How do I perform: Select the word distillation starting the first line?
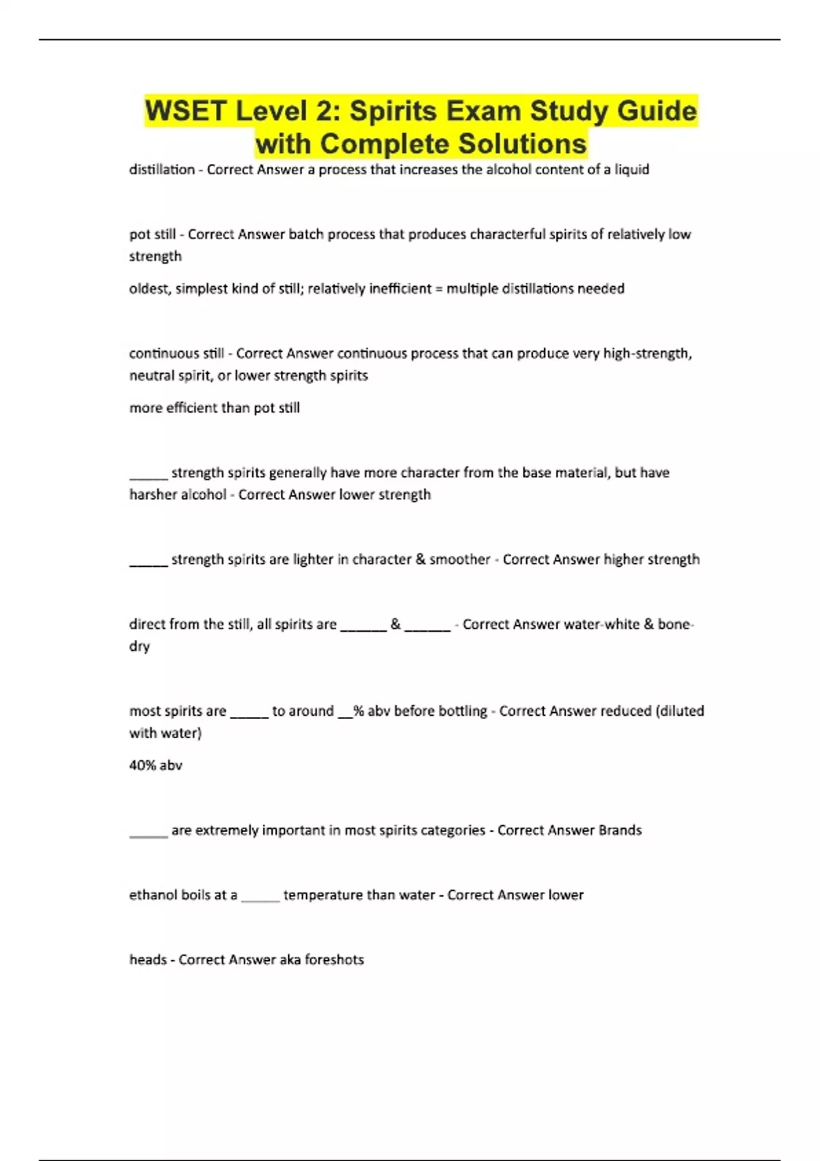pyautogui.click(x=162, y=169)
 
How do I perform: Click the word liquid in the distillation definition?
pyautogui.click(x=631, y=169)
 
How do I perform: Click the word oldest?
pyautogui.click(x=149, y=288)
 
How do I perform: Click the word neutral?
pyautogui.click(x=151, y=375)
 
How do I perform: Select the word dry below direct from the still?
pyautogui.click(x=139, y=646)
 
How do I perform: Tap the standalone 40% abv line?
pyautogui.click(x=156, y=765)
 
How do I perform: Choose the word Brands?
pyautogui.click(x=620, y=830)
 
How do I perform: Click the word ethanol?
pyautogui.click(x=154, y=895)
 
